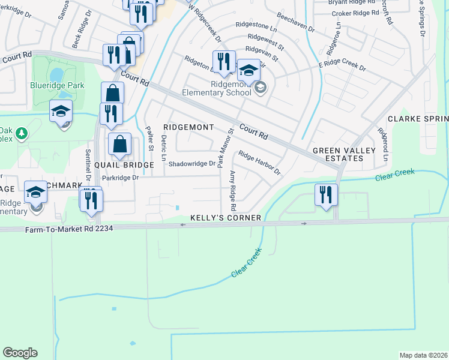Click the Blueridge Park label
[x=57, y=85]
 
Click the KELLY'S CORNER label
[x=226, y=218]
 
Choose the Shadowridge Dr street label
[x=191, y=163]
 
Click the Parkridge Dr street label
[x=120, y=178]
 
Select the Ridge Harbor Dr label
[x=260, y=163]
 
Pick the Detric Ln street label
[x=163, y=148]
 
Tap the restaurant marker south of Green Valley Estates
[x=326, y=195]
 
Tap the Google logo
[x=20, y=353]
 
